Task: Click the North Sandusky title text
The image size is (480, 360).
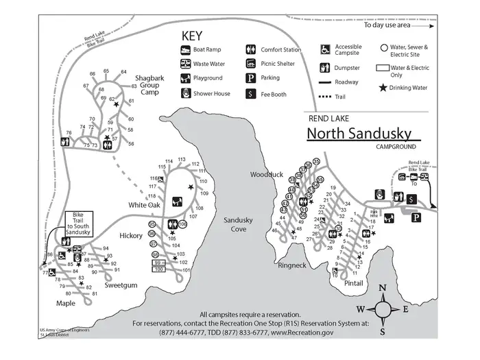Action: (x=359, y=133)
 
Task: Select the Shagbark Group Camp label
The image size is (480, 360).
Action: (x=149, y=86)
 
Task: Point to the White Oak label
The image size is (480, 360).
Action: (x=144, y=205)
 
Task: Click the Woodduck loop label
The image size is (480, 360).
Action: (x=266, y=175)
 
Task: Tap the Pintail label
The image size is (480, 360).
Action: (x=354, y=282)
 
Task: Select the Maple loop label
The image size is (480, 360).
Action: (x=66, y=302)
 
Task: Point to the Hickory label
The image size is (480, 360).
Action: (x=130, y=235)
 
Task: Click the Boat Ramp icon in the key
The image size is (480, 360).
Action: (x=185, y=50)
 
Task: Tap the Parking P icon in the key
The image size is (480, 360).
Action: (x=252, y=78)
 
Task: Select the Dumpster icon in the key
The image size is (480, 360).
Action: (x=326, y=68)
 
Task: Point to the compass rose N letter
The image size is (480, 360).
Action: (x=383, y=288)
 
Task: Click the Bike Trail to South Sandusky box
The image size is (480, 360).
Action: (x=78, y=224)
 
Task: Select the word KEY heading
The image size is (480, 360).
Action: (x=193, y=34)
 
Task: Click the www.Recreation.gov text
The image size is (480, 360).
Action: (x=302, y=332)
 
